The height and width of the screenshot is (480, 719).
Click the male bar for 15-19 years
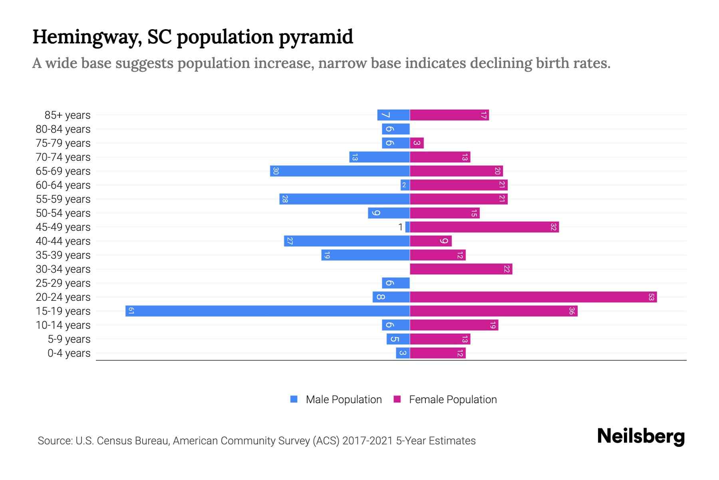coord(268,311)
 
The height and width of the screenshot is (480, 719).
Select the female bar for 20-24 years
coord(533,297)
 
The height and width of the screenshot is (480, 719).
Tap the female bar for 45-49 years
coord(484,227)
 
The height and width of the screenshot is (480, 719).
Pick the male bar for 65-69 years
coord(340,171)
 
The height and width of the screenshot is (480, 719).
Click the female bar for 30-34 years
coord(461,269)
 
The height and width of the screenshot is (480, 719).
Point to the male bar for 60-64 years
coord(405,185)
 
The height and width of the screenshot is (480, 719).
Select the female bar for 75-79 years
coord(417,143)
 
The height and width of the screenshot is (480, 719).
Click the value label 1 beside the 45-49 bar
coord(400,227)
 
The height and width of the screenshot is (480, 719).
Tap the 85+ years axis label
coord(67,115)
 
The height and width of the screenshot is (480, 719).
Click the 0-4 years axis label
coord(69,353)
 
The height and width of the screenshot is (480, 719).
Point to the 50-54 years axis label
coord(63,213)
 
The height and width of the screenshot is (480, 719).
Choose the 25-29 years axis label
coord(63,283)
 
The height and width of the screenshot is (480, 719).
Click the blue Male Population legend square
coord(294,399)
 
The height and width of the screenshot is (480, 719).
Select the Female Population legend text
coord(453,400)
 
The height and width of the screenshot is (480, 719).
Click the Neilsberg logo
coord(641,436)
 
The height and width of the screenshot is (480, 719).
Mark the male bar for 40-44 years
coord(347,241)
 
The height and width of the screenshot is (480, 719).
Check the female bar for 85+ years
coord(449,115)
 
